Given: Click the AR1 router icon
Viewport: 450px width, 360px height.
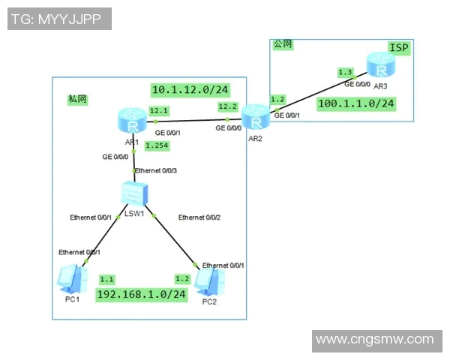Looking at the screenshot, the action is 132,121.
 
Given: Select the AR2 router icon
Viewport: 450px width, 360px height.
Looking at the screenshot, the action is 256,117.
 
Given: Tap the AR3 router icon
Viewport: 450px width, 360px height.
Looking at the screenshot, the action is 381,64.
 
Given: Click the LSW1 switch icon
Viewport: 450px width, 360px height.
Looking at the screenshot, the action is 134,193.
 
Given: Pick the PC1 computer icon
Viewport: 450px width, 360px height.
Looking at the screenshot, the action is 72,279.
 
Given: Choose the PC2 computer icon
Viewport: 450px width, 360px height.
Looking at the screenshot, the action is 209,282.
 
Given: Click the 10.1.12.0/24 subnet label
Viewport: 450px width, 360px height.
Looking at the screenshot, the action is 190,90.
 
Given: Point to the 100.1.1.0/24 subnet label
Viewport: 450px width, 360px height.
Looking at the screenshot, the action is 356,103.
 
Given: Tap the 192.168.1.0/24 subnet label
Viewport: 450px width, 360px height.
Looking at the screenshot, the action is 142,295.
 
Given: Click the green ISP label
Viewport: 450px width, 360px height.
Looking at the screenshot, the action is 399,48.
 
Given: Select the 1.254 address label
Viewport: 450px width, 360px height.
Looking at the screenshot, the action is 157,145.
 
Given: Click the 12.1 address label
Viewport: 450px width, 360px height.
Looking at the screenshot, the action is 159,110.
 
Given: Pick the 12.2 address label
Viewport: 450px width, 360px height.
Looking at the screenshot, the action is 228,106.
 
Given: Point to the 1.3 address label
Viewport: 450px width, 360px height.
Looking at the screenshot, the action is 345,72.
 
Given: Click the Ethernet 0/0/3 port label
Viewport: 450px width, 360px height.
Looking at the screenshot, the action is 156,171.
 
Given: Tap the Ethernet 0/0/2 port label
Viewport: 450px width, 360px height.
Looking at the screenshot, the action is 199,217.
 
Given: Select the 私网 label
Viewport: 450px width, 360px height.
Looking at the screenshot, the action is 77,99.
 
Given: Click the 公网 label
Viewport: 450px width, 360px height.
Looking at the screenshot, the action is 283,44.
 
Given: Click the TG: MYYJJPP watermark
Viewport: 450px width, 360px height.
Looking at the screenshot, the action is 59,19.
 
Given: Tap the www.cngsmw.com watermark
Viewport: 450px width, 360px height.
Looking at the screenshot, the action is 377,341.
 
